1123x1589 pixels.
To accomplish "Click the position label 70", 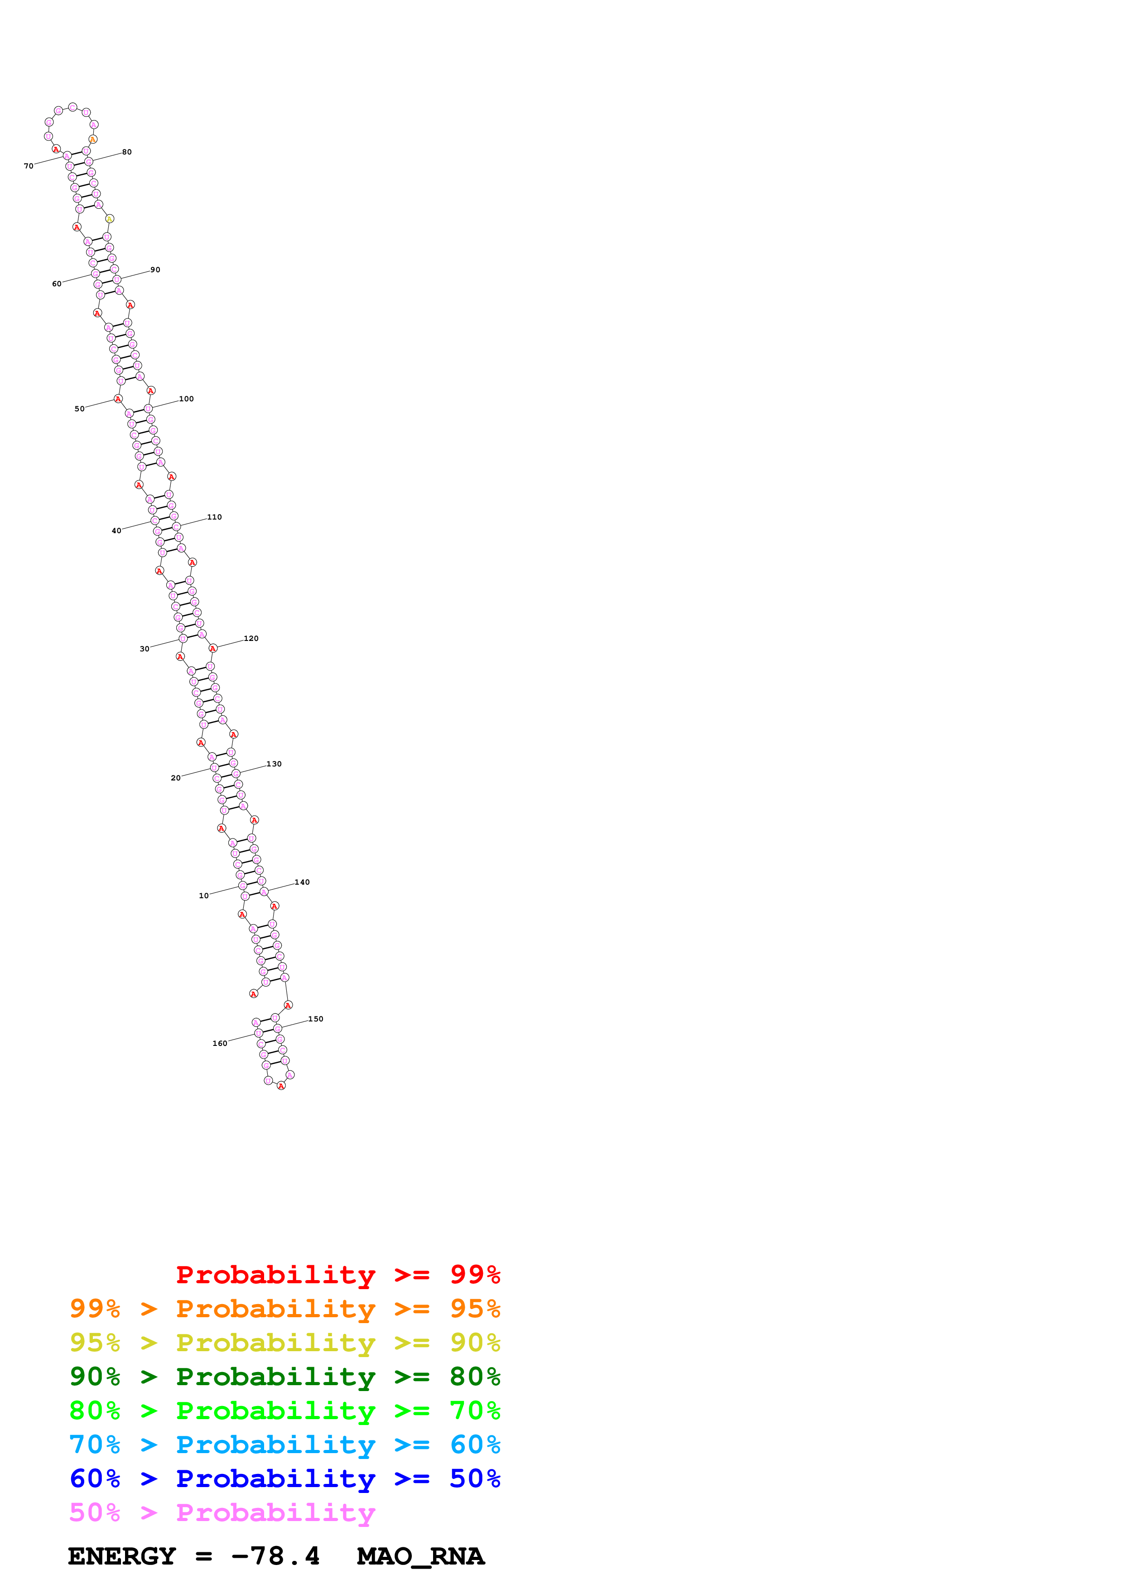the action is [x=29, y=166].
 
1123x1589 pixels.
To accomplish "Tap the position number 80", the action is [x=127, y=152].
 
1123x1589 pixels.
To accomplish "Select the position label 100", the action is [x=186, y=400].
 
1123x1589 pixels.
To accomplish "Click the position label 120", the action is [x=251, y=639].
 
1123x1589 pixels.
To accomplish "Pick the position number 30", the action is [x=145, y=649].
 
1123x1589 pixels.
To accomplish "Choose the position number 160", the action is [x=219, y=1044].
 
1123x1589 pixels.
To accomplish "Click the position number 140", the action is [x=302, y=882].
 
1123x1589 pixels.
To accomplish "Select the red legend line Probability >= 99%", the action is [x=338, y=1275].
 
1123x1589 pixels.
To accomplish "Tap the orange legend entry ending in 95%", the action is [x=285, y=1309].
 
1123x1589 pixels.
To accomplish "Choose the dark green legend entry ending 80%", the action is [x=285, y=1377].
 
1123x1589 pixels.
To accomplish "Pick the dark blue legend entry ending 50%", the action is [x=285, y=1478].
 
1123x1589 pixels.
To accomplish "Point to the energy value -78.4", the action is [x=275, y=1556].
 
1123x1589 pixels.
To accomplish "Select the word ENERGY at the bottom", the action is [x=122, y=1556].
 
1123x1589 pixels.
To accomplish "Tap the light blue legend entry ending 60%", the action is [x=285, y=1445].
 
